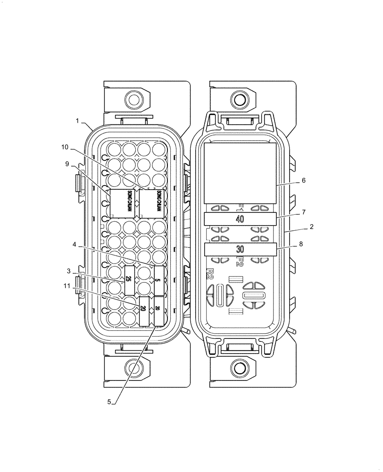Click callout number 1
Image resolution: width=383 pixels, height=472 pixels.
pos(77,121)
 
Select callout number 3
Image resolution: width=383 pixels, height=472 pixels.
pos(69,271)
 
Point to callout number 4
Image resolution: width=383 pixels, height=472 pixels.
pos(75,244)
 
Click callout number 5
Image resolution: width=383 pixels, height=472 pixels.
pos(109,402)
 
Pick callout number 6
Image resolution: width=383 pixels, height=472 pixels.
pos(303,180)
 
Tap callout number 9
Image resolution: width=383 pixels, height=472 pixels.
pos(67,164)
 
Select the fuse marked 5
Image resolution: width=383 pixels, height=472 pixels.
pos(159,280)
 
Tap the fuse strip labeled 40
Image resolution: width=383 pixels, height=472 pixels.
pos(240,219)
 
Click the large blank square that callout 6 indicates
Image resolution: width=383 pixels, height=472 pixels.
pos(240,173)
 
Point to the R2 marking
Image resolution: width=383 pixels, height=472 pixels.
pos(210,274)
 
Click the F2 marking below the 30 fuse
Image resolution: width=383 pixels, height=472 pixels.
pos(240,261)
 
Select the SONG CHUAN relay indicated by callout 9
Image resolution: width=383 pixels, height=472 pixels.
pos(122,203)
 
